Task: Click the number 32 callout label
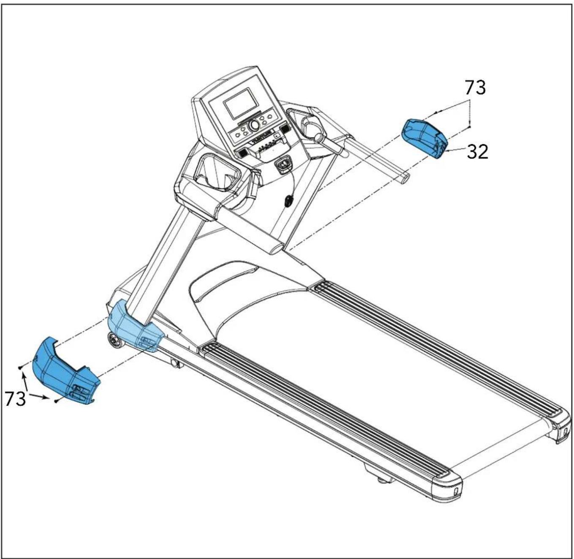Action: coord(477,152)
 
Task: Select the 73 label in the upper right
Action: coord(475,87)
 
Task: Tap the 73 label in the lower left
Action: coord(15,399)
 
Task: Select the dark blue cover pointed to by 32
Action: coord(425,138)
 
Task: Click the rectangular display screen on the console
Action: coord(241,103)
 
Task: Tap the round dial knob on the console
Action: coord(254,125)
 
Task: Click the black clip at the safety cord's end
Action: coord(288,201)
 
